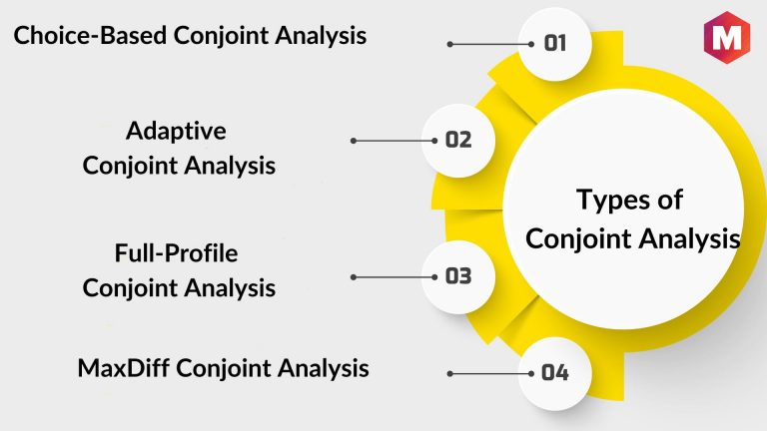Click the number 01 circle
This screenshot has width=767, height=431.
pyautogui.click(x=554, y=44)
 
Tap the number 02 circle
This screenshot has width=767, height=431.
pyautogui.click(x=458, y=141)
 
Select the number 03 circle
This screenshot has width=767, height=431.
pyautogui.click(x=458, y=276)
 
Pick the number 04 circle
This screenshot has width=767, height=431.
pyautogui.click(x=554, y=373)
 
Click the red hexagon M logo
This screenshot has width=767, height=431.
pyautogui.click(x=726, y=37)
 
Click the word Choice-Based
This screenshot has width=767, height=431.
pyautogui.click(x=91, y=36)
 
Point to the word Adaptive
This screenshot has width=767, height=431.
pyautogui.click(x=176, y=132)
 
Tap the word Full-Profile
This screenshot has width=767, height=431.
pyautogui.click(x=176, y=253)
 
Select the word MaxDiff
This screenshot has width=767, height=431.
pyautogui.click(x=124, y=368)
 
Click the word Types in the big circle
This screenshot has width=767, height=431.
pyautogui.click(x=613, y=201)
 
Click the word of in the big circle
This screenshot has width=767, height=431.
pyautogui.click(x=670, y=201)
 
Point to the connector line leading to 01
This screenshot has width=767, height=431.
pyautogui.click(x=490, y=44)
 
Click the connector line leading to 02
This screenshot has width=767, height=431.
pyautogui.click(x=393, y=141)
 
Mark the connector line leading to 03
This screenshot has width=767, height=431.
pyautogui.click(x=393, y=277)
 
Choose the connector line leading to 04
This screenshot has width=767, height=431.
pyautogui.click(x=490, y=374)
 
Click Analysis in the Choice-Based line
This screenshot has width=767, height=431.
pyautogui.click(x=321, y=36)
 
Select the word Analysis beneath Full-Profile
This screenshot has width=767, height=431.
pyautogui.click(x=230, y=288)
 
